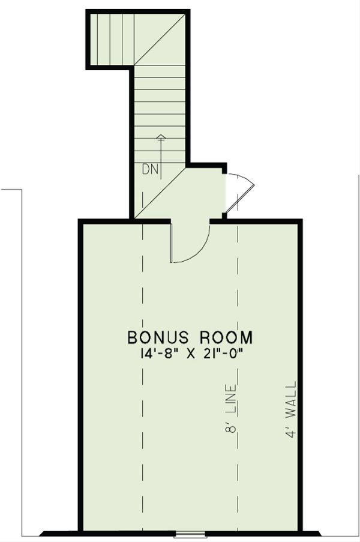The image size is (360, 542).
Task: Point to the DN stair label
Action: (150, 170)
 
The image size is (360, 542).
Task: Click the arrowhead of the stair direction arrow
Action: (160, 137)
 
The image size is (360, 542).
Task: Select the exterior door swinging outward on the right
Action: (241, 191)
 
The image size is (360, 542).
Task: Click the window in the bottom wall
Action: (190, 533)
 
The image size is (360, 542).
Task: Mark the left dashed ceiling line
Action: (143, 372)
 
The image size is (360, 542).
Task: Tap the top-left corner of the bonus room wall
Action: (80, 222)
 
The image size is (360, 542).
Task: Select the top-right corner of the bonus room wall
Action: (299, 222)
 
